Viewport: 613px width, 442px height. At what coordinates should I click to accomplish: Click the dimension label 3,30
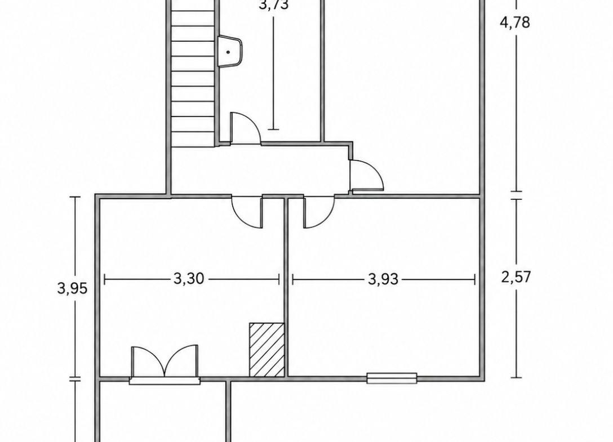tap(188, 279)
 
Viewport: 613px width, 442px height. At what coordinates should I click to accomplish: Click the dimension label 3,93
tap(383, 279)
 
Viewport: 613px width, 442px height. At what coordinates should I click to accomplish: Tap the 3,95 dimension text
tap(72, 288)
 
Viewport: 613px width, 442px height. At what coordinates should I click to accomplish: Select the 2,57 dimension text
tap(516, 276)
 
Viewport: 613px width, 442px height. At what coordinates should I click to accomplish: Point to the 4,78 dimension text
tap(516, 22)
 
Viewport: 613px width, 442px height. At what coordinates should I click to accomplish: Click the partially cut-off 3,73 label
tap(274, 5)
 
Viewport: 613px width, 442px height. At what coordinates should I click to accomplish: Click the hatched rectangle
tap(266, 350)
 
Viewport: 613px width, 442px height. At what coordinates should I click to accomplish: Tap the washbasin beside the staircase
tap(230, 52)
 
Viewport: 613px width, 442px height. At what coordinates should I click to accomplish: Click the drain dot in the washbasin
tap(228, 52)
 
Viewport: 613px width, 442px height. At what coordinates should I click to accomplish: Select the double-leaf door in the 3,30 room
tap(165, 362)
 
